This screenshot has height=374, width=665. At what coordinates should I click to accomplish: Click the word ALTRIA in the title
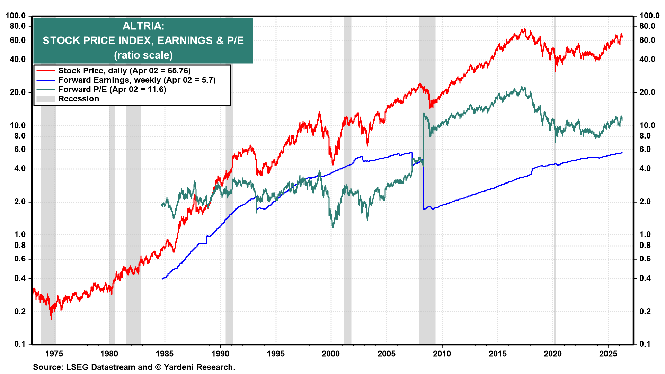[143, 26]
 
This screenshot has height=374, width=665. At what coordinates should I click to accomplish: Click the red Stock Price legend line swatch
[46, 71]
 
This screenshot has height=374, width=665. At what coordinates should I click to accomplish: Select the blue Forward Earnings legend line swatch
[46, 80]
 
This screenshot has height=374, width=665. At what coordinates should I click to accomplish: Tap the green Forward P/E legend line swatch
[46, 89]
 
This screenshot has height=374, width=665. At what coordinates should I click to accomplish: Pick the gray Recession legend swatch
[46, 99]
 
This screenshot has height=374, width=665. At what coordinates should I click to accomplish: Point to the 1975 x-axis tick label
[54, 354]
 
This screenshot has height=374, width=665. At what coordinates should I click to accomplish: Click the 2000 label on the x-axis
[331, 354]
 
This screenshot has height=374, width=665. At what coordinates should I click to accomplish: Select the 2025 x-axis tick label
[608, 354]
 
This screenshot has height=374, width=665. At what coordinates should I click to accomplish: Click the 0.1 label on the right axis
[645, 344]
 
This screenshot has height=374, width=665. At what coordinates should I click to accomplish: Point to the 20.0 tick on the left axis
[18, 92]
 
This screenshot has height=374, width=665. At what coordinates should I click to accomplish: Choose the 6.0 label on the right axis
[645, 149]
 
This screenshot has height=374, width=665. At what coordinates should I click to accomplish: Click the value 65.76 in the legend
[178, 71]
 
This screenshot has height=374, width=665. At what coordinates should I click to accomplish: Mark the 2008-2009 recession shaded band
[427, 208]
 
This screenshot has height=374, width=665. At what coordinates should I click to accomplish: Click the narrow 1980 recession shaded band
[112, 208]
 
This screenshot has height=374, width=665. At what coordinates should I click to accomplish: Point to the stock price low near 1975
[51, 318]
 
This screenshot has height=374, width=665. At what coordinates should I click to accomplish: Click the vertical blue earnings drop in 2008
[423, 187]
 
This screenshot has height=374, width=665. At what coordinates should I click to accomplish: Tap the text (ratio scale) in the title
[143, 55]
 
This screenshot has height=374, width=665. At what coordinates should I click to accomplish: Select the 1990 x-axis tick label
[220, 354]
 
